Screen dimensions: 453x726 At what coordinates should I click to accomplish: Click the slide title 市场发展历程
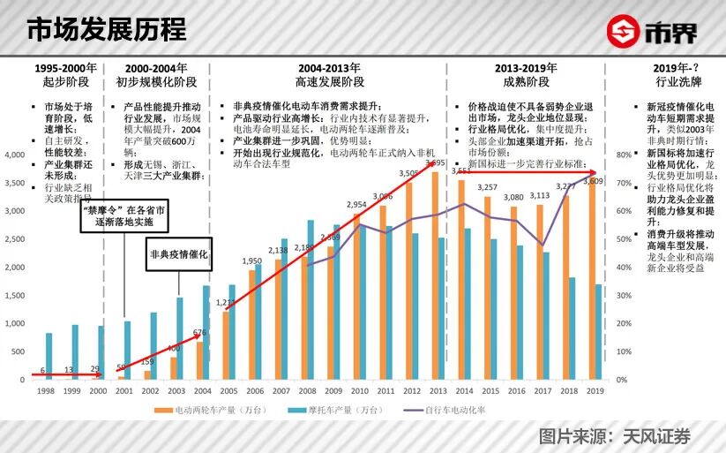click(107, 29)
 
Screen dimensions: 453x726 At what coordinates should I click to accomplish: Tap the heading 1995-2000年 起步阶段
click(65, 75)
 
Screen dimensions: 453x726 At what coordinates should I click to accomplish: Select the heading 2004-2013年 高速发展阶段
click(329, 75)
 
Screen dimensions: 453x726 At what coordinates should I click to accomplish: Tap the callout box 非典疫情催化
click(179, 254)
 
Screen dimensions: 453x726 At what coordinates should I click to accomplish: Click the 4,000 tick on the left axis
click(15, 155)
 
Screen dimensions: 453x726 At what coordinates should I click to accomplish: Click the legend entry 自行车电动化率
click(446, 410)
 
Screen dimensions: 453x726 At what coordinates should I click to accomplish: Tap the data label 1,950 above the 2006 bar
click(251, 261)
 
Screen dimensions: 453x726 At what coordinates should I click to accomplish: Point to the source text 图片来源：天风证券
click(615, 435)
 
